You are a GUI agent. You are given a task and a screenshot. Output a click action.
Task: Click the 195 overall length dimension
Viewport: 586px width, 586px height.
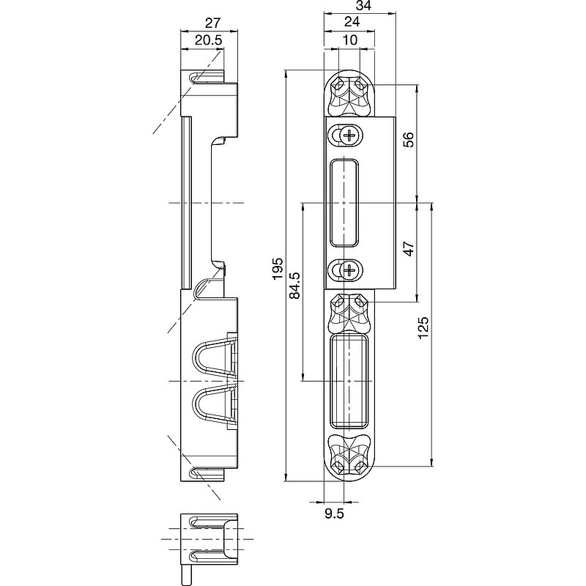[278, 268]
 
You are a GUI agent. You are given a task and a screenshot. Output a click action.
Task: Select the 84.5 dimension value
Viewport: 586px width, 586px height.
[294, 285]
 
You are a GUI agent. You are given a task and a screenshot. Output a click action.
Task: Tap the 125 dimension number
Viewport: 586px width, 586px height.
[423, 327]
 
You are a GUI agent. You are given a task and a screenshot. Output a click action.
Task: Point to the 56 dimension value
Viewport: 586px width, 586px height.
[409, 140]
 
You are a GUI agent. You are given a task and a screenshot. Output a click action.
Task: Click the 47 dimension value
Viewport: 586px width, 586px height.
[409, 249]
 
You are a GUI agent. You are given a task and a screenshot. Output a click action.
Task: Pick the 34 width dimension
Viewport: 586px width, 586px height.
[363, 6]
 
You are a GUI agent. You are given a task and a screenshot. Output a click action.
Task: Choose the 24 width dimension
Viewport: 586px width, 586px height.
[352, 22]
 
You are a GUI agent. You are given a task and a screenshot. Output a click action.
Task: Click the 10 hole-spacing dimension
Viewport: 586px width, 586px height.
[350, 40]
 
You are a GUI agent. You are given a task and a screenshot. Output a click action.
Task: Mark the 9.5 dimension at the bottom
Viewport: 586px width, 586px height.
[334, 514]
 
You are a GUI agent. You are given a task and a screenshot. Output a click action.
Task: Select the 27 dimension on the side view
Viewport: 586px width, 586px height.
[212, 23]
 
